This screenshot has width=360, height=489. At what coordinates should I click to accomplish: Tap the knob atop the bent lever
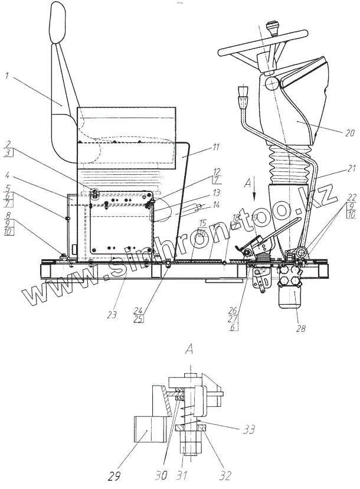coord(241,94)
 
